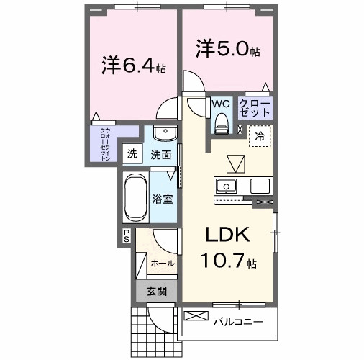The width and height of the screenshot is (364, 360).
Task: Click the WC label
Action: coord(219,103)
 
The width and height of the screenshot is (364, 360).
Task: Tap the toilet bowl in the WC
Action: coord(221,121)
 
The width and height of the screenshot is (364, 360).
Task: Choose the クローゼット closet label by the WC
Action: coord(255,108)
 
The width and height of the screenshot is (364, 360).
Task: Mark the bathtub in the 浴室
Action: coord(135,198)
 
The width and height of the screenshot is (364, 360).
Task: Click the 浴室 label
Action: coord(162,198)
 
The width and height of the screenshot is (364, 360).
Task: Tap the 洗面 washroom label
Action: coord(160,154)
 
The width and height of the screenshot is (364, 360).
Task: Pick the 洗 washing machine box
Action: coord(132,153)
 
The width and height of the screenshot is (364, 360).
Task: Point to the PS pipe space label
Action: coord(126,235)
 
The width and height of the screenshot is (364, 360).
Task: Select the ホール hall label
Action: coord(162,264)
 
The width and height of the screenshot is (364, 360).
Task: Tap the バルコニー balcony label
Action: coord(237,321)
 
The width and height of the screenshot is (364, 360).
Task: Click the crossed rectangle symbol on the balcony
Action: coord(195,315)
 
